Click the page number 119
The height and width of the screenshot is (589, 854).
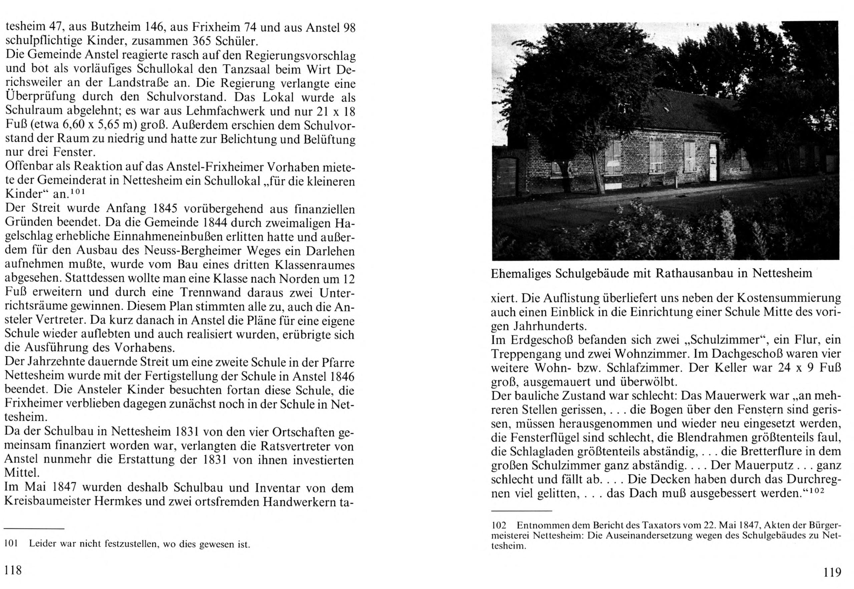(832, 572)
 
